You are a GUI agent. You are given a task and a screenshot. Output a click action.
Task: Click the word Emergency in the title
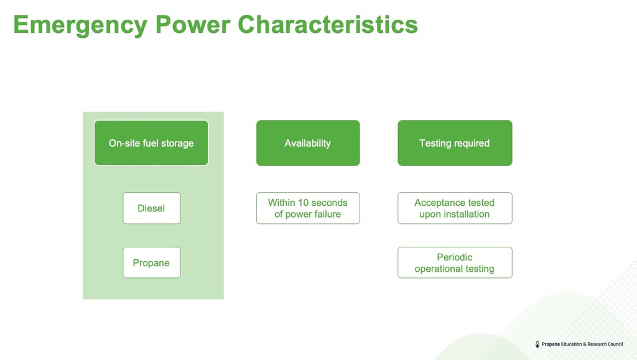click(x=80, y=25)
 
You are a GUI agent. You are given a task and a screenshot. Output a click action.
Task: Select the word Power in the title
click(x=193, y=25)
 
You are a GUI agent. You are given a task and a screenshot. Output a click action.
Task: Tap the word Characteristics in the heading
click(x=328, y=25)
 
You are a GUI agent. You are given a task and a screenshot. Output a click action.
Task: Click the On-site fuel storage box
click(x=151, y=143)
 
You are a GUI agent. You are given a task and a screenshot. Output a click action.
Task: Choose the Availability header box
click(x=308, y=143)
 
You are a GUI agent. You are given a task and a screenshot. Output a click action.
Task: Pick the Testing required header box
click(x=455, y=143)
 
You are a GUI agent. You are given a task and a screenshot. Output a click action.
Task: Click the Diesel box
click(x=152, y=208)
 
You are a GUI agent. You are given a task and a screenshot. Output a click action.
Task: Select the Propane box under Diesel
click(x=152, y=262)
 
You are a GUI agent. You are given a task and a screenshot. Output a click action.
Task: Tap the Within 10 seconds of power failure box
click(x=308, y=208)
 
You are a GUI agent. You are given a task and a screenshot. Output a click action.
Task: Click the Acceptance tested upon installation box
click(x=455, y=208)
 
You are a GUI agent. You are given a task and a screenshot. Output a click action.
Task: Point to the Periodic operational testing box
click(x=455, y=262)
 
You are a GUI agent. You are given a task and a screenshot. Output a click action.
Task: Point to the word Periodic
click(x=455, y=257)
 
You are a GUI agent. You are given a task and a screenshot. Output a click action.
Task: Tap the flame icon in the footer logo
click(x=537, y=344)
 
